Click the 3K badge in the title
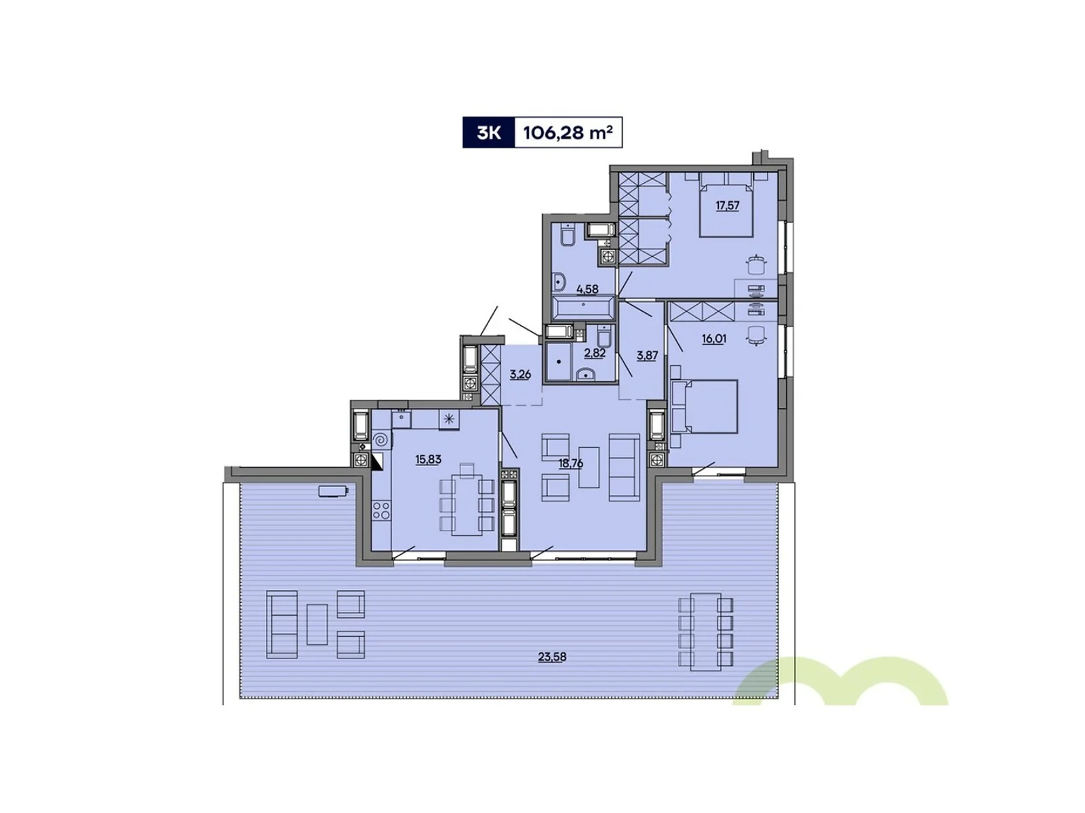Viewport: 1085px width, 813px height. [489, 133]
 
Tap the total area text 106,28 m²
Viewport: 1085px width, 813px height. [568, 133]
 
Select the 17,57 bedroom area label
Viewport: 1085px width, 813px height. [728, 205]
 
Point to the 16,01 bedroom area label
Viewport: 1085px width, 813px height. [714, 339]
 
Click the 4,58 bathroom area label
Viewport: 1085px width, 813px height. [587, 289]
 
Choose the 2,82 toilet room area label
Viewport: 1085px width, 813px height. [595, 353]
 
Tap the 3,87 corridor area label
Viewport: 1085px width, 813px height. [647, 355]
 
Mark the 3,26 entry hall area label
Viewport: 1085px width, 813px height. [520, 375]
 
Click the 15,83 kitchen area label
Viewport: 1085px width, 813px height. [429, 459]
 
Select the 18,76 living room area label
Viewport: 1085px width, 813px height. [570, 464]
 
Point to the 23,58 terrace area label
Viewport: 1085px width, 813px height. [552, 656]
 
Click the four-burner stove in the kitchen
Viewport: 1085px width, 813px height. [381, 510]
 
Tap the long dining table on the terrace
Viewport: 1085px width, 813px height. [706, 631]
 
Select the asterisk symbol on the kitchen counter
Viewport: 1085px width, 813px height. [449, 419]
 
